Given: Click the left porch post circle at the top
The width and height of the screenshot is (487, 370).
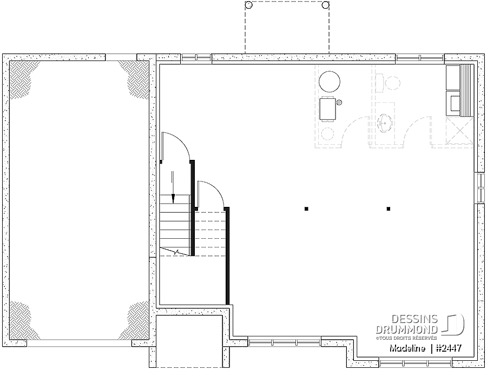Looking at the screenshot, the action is coord(248,5).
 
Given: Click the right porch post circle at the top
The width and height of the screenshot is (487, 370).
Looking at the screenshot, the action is coord(326,5).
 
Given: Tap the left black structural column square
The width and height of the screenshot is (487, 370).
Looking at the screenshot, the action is coord(306,208).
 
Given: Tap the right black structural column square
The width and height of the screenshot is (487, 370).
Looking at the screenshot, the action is coord(388,208).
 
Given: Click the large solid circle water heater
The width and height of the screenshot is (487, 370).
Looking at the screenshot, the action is coord(330,82).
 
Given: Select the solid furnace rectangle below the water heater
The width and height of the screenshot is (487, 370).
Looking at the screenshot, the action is coord(328,109).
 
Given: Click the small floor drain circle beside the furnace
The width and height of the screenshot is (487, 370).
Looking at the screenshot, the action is coord(339,102).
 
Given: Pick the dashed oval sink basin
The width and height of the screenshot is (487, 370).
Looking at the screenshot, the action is coord(385,123).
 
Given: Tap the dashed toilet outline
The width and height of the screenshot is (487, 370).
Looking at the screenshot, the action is coord(387,83).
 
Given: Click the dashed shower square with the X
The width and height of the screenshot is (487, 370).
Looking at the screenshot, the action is coord(459,131).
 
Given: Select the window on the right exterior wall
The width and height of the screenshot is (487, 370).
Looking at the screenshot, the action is coord(479,187).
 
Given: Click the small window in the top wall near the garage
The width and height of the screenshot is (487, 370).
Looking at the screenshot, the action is coord(196,58).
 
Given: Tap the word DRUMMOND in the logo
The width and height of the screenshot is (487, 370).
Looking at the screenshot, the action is coord(406,329).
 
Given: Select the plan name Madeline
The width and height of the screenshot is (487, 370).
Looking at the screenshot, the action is coord(407,348).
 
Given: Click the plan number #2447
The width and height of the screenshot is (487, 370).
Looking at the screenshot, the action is coord(449,348).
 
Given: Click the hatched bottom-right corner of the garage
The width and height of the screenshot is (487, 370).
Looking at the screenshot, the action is coord(135,321).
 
